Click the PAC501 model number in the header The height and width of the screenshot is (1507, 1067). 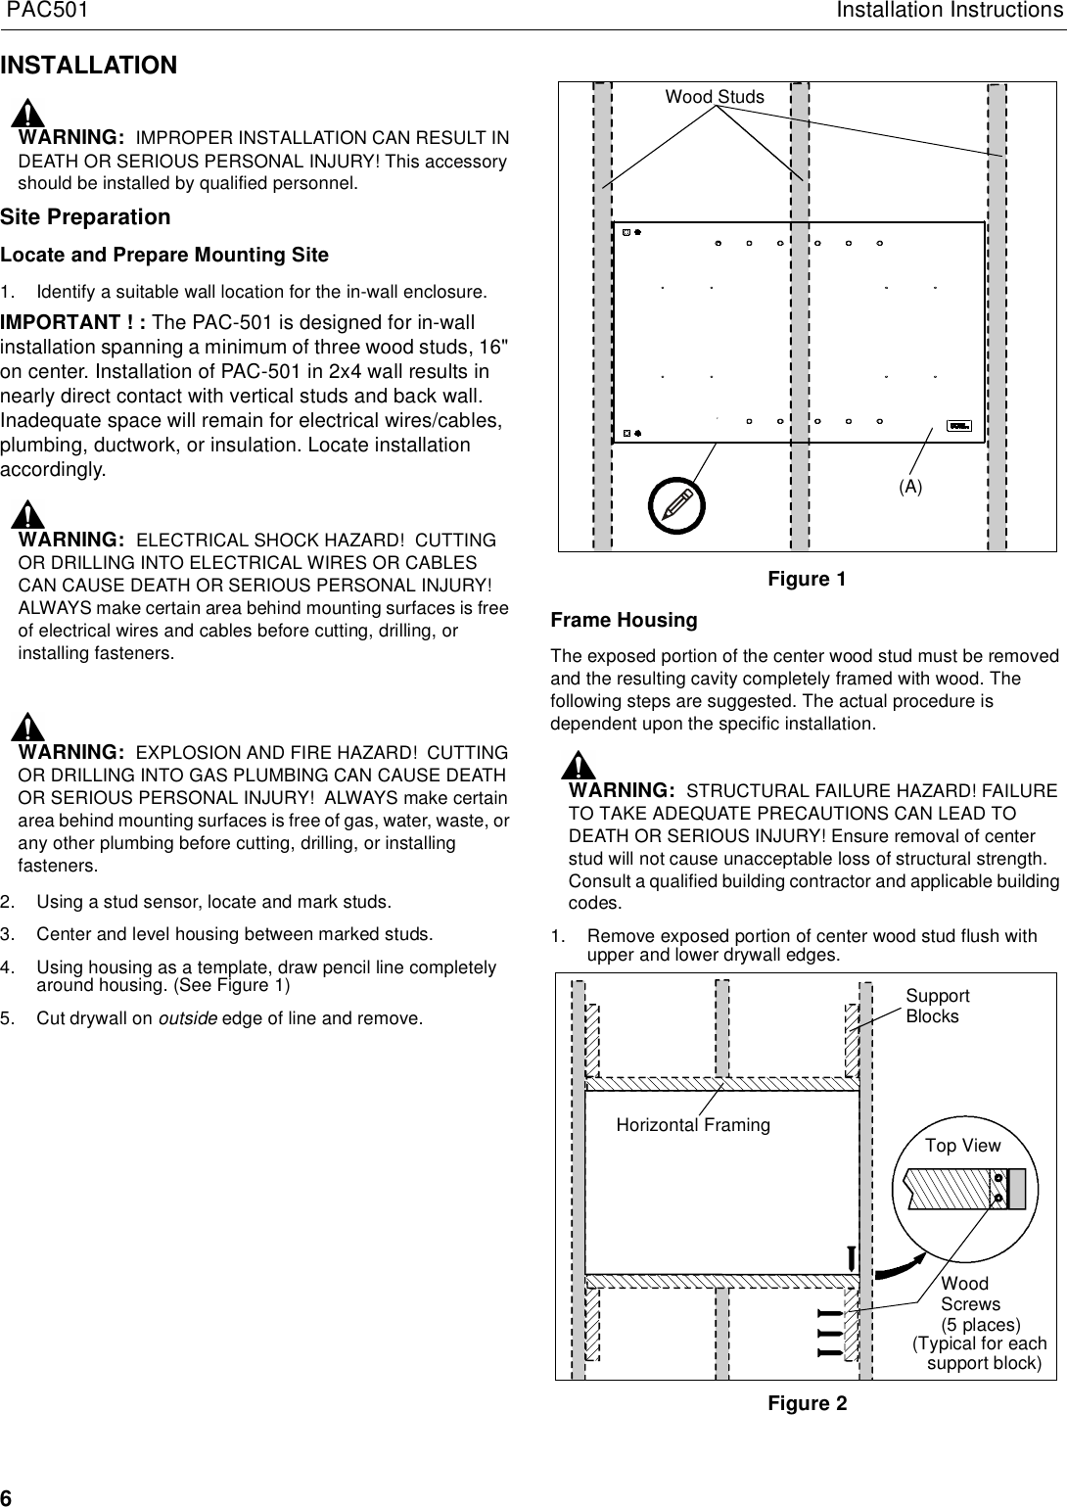tap(48, 11)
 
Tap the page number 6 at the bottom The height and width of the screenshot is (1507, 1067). tap(7, 1497)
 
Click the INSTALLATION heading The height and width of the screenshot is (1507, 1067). tap(89, 66)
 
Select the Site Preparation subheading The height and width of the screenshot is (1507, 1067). tap(85, 216)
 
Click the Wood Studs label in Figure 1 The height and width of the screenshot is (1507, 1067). tap(715, 97)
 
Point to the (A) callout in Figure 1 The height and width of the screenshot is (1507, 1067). tap(910, 486)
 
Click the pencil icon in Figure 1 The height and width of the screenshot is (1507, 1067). tap(676, 503)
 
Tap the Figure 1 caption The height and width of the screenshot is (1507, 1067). tap(807, 579)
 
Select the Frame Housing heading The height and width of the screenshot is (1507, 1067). tap(625, 620)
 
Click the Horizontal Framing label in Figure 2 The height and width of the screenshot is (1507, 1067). tap(693, 1125)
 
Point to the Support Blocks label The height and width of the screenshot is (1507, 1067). tap(937, 1006)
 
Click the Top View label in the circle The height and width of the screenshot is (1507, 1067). tap(963, 1146)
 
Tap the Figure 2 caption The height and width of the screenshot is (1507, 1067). tap(807, 1403)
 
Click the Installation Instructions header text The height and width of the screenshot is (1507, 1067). tap(949, 11)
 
